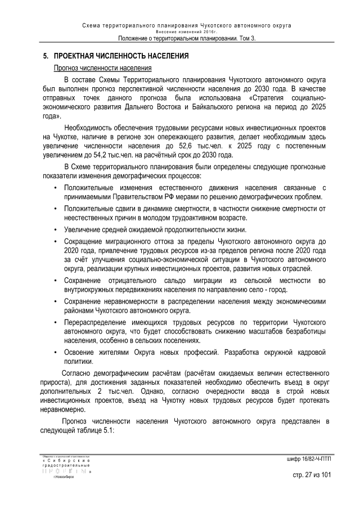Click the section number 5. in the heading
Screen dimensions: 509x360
coord(46,57)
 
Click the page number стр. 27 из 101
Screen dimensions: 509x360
coord(312,475)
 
